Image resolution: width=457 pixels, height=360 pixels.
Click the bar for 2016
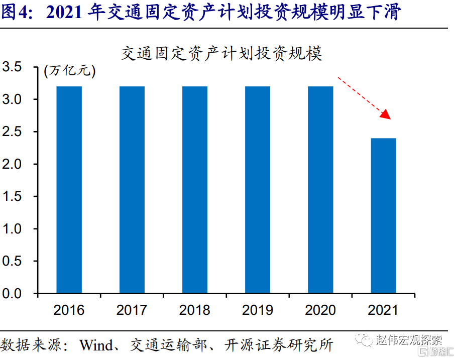pyautogui.click(x=69, y=190)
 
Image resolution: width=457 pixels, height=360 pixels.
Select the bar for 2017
pyautogui.click(x=132, y=190)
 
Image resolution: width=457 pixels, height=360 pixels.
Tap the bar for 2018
pyautogui.click(x=195, y=190)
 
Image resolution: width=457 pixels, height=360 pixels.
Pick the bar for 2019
pyautogui.click(x=258, y=190)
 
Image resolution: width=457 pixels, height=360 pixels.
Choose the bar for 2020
pyautogui.click(x=320, y=190)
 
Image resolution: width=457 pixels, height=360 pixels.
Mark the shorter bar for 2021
pyautogui.click(x=383, y=215)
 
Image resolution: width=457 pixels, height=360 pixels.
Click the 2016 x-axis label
pyautogui.click(x=69, y=309)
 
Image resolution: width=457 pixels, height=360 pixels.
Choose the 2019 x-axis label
pyautogui.click(x=258, y=309)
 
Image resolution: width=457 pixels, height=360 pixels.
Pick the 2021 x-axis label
pyautogui.click(x=383, y=309)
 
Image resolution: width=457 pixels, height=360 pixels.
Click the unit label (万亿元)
pyautogui.click(x=69, y=71)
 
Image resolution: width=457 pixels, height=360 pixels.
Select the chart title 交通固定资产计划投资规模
pyautogui.click(x=221, y=53)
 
